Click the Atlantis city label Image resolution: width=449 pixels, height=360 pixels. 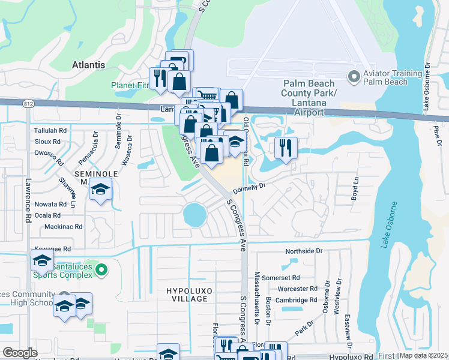point(88,65)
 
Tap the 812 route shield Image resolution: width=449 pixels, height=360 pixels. point(29,104)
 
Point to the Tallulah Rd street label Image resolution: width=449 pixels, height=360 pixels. point(50,130)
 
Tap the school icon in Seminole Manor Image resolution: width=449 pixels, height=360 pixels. point(100,191)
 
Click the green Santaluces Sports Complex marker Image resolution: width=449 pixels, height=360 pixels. point(101,271)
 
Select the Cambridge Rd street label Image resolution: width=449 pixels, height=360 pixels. point(297,300)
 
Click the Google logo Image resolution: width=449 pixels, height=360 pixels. point(20,353)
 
